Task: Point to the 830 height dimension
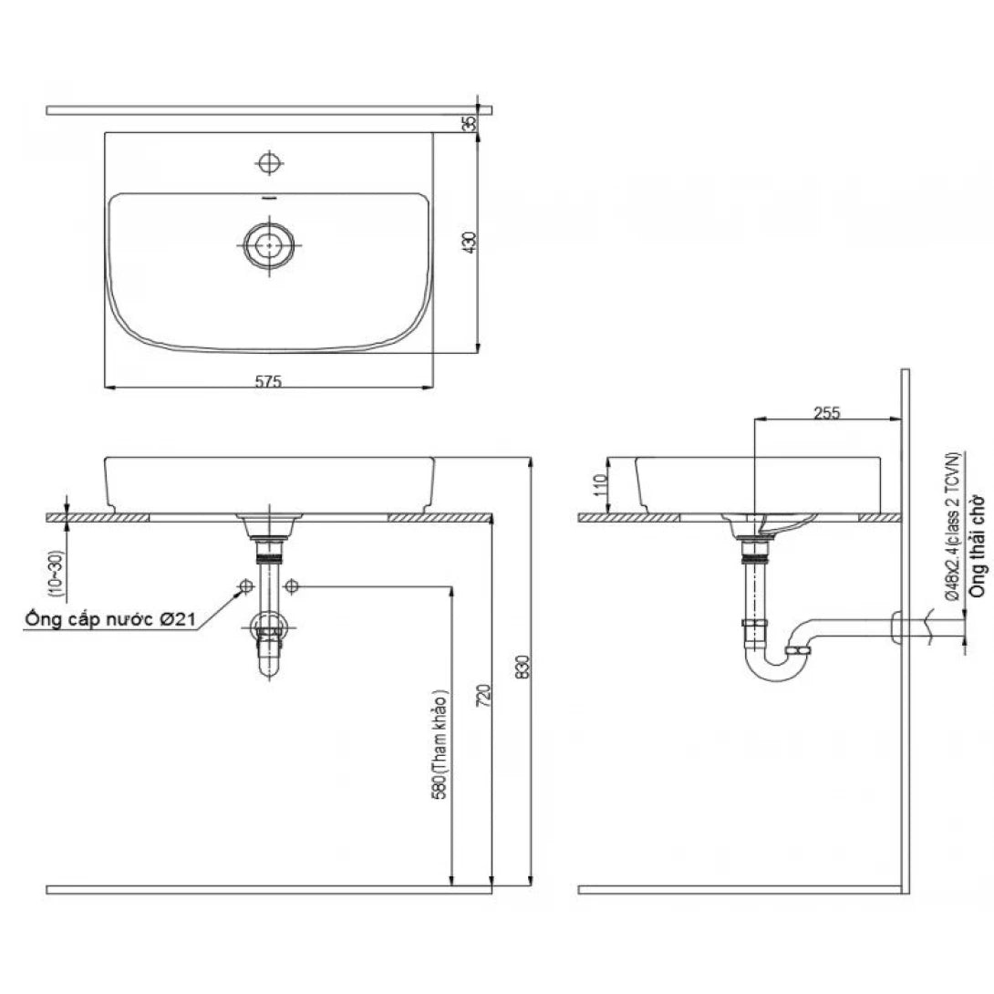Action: pos(523,667)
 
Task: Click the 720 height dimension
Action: pos(484,695)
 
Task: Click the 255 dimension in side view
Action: pos(825,412)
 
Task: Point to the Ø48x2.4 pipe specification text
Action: pos(951,524)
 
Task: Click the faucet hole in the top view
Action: pos(267,163)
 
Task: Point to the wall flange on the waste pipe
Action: pos(896,626)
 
